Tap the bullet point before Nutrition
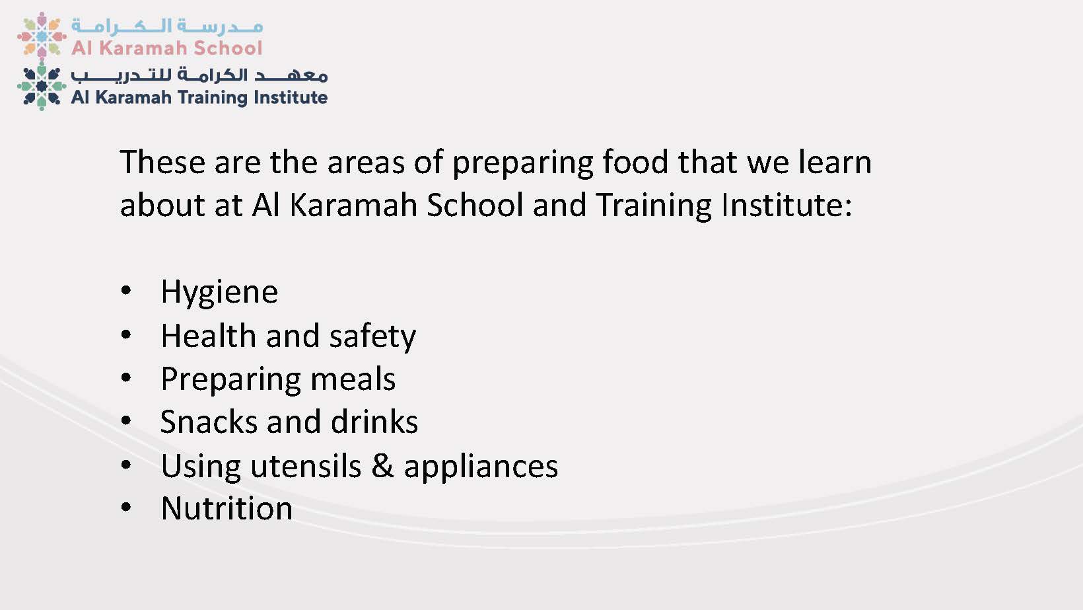click(126, 507)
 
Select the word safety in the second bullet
click(372, 336)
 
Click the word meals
click(353, 379)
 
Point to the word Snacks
click(209, 422)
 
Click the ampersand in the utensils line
click(382, 466)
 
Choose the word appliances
click(481, 467)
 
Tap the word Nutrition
click(227, 508)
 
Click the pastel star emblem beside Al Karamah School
click(42, 36)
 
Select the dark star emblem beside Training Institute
click(42, 86)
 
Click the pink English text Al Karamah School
click(167, 48)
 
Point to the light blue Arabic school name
click(167, 26)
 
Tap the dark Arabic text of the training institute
click(199, 75)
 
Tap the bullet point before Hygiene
click(126, 291)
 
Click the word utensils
click(306, 466)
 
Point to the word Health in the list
click(209, 336)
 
